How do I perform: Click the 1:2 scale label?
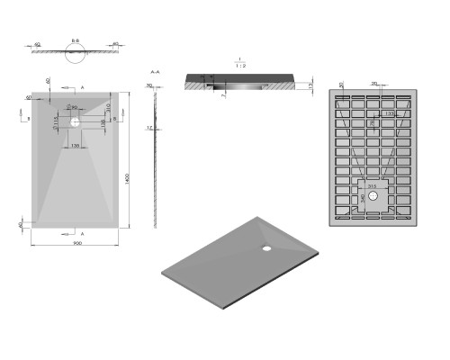click(240, 64)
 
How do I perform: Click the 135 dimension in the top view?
click(75, 145)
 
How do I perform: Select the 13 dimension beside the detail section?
click(310, 85)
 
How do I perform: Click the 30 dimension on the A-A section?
click(149, 86)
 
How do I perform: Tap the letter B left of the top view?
click(27, 118)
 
